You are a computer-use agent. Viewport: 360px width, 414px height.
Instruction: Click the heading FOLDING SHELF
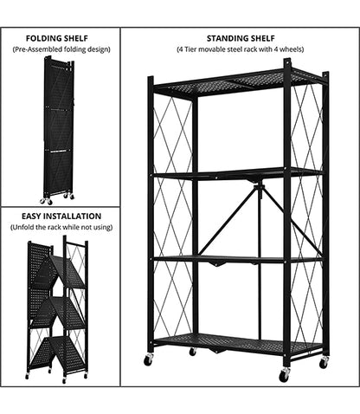coord(57,38)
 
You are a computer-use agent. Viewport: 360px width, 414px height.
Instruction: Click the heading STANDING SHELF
coord(241,38)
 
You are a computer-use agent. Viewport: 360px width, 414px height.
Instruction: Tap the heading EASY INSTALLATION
coord(61,217)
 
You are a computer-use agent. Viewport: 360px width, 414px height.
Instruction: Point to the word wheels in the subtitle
coord(292,49)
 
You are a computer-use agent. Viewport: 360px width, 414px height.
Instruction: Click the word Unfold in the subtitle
coord(22,227)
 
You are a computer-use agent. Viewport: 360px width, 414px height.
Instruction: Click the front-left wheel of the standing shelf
coord(148,360)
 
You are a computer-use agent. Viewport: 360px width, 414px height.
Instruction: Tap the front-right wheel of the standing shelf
coord(284,375)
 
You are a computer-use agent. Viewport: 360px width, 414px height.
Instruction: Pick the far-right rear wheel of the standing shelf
coord(324,362)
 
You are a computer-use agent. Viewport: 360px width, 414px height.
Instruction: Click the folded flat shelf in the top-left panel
coord(59,126)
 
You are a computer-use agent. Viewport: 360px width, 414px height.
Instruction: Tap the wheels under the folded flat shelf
coord(57,198)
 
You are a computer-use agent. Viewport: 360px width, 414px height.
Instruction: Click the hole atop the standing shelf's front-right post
coord(287,62)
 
